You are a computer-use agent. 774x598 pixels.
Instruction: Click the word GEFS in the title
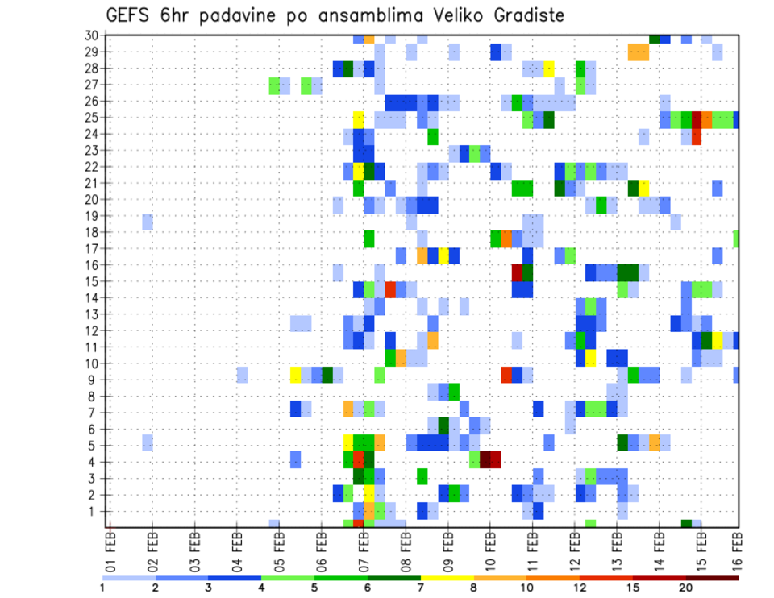coord(131,15)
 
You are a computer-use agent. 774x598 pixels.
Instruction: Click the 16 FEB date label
coord(739,548)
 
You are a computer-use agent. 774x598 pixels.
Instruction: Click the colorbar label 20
coord(686,588)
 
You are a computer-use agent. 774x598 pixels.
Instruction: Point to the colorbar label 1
coord(102,588)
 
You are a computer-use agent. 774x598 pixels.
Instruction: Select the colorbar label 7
coord(421,588)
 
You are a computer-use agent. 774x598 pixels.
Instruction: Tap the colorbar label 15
coord(633,588)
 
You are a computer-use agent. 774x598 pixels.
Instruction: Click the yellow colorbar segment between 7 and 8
coord(447,577)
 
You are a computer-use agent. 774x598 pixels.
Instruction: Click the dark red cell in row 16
coord(517,273)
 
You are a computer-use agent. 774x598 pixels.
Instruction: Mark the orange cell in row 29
coord(639,52)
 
